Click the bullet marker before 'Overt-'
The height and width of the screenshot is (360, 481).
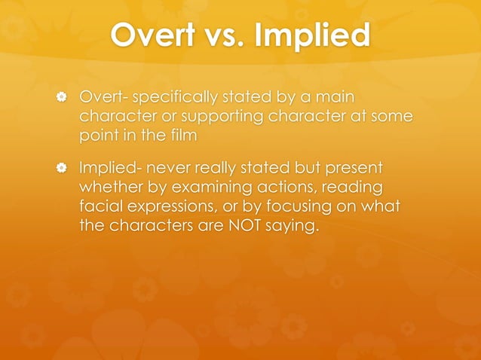(x=64, y=98)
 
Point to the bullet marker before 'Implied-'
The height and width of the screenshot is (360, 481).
(x=64, y=166)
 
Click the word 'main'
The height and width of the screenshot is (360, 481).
(x=336, y=98)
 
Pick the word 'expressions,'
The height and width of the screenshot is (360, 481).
(x=172, y=205)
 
